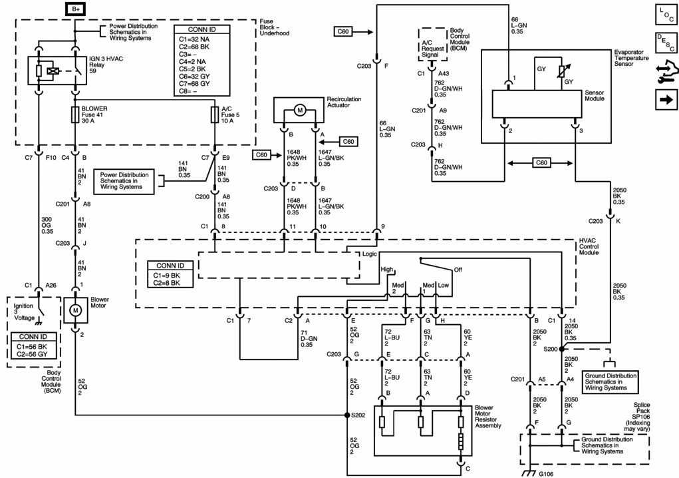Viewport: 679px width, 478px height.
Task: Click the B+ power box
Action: coord(75,9)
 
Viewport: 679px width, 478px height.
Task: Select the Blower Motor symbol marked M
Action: coord(76,310)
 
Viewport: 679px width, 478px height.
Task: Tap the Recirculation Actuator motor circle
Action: coord(300,111)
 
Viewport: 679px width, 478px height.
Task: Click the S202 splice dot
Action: coord(347,415)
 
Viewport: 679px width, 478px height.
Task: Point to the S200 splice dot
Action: coord(562,349)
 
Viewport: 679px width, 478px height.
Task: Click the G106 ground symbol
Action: coord(528,473)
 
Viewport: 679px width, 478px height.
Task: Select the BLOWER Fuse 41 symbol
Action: coord(75,115)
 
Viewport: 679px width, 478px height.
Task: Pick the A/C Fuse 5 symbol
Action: coord(215,115)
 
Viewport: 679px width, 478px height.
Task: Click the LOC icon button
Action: coord(666,14)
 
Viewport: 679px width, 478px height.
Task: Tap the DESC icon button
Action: coord(666,42)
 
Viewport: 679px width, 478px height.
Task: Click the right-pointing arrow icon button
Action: coord(666,100)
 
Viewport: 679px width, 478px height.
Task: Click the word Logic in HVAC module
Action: coord(369,254)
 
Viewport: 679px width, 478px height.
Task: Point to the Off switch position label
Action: coord(458,270)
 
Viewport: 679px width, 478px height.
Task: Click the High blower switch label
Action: coord(386,269)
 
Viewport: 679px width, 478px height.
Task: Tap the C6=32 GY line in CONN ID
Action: coord(194,77)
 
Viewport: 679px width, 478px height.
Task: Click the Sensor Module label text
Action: coord(594,95)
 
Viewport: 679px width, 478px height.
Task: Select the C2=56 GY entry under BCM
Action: coord(32,354)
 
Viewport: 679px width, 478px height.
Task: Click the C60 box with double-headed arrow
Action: coord(541,163)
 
